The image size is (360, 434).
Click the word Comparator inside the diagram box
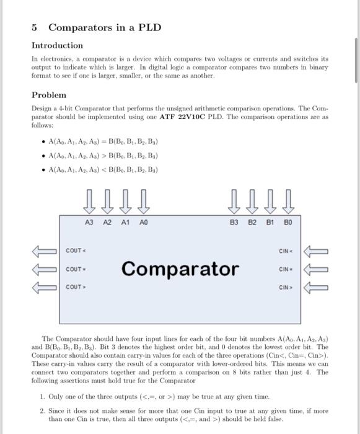[x=180, y=269]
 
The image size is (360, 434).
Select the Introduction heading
[x=57, y=45]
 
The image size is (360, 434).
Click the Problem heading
[x=48, y=95]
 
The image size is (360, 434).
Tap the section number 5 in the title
[x=35, y=28]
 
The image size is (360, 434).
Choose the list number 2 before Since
[x=41, y=411]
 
